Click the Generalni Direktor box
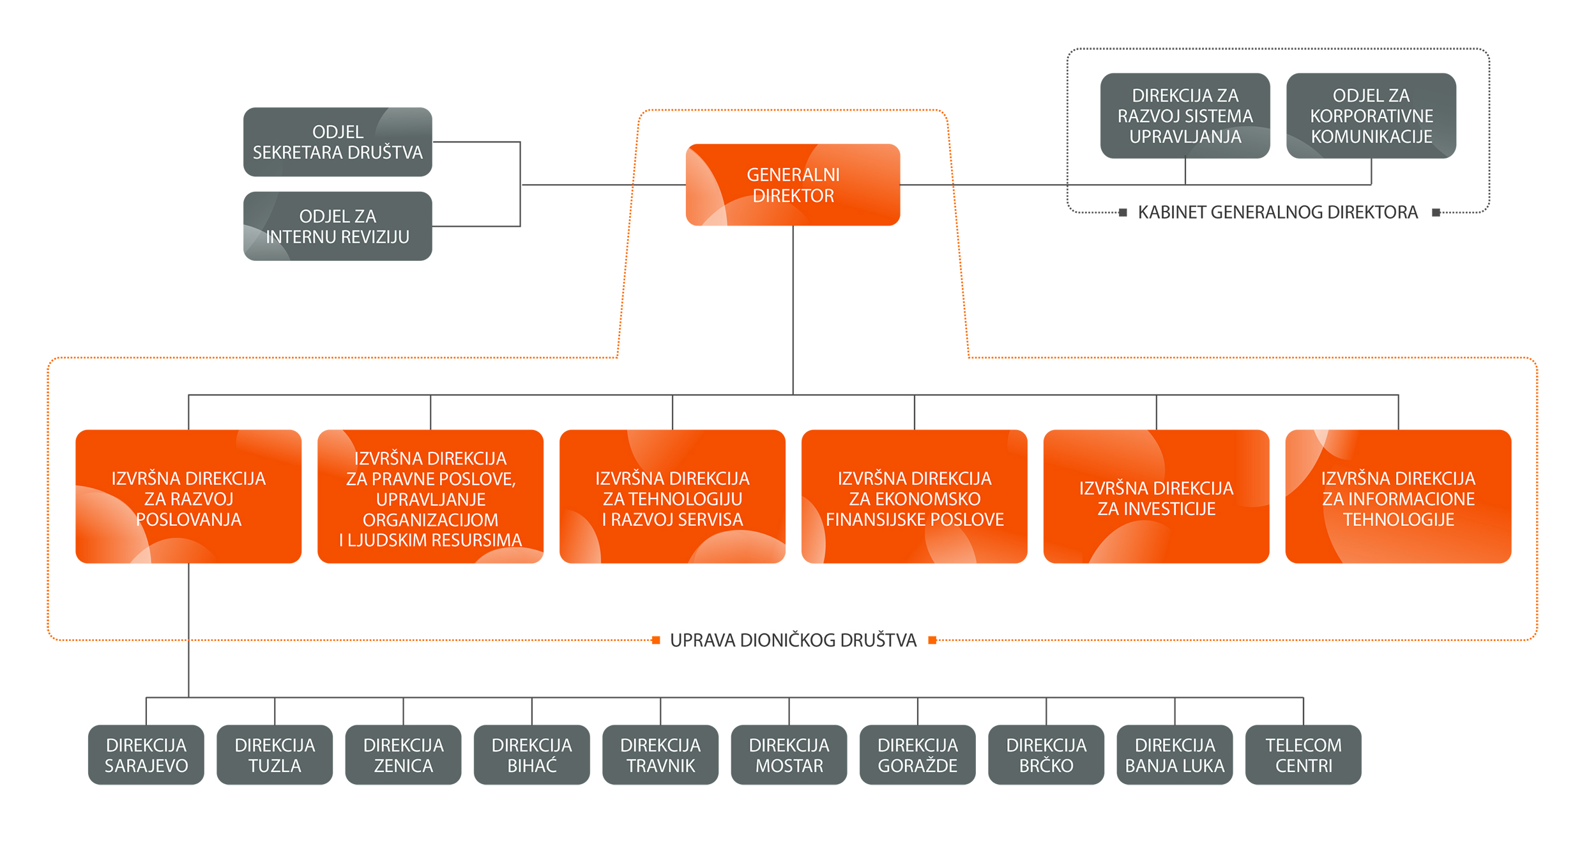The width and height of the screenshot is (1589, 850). pyautogui.click(x=793, y=185)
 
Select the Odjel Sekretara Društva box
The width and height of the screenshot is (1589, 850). pyautogui.click(x=338, y=142)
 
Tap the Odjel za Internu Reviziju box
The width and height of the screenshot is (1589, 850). pyautogui.click(x=338, y=226)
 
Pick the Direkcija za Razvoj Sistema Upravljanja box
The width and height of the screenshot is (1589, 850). pyautogui.click(x=1185, y=116)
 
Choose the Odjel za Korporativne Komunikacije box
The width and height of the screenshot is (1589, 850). pyautogui.click(x=1371, y=116)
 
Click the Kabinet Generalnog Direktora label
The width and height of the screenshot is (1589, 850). pyautogui.click(x=1277, y=212)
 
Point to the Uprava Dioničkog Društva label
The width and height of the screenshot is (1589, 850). pyautogui.click(x=793, y=640)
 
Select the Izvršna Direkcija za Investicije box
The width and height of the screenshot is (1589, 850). pyautogui.click(x=1156, y=497)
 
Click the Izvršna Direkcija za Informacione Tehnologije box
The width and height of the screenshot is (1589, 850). pyautogui.click(x=1398, y=497)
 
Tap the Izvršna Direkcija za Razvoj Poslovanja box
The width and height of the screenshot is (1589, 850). pyautogui.click(x=188, y=497)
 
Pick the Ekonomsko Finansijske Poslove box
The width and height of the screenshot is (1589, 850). pyautogui.click(x=914, y=497)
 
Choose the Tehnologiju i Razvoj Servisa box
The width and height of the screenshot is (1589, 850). pyautogui.click(x=673, y=497)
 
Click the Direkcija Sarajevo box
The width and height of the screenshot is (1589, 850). pyautogui.click(x=146, y=755)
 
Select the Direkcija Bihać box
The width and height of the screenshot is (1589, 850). pyautogui.click(x=532, y=755)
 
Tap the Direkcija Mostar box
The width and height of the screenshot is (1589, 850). pyautogui.click(x=789, y=755)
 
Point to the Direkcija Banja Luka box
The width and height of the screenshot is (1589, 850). pyautogui.click(x=1175, y=755)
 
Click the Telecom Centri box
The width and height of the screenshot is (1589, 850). pyautogui.click(x=1304, y=755)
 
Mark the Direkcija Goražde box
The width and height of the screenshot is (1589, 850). pyautogui.click(x=918, y=755)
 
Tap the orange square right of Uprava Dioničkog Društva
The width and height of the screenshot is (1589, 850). pyautogui.click(x=932, y=640)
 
